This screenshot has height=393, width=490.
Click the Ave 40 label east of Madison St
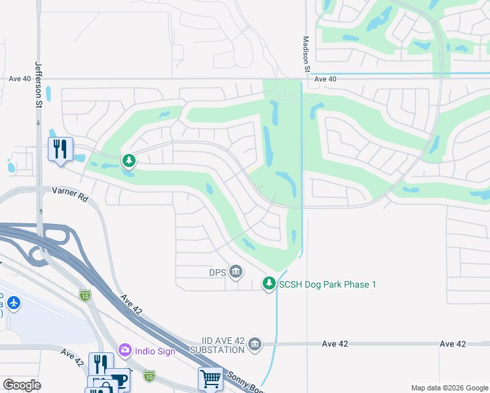pyautogui.click(x=325, y=79)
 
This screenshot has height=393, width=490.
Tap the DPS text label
pyautogui.click(x=217, y=271)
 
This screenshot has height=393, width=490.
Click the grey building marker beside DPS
pyautogui.click(x=236, y=271)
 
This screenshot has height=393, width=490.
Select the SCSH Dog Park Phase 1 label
pyautogui.click(x=328, y=284)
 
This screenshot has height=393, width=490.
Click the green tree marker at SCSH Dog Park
pyautogui.click(x=269, y=284)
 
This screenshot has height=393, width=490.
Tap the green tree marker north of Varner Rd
pyautogui.click(x=129, y=160)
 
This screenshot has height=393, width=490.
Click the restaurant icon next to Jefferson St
pyautogui.click(x=59, y=149)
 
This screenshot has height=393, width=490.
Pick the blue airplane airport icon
pyautogui.click(x=14, y=303)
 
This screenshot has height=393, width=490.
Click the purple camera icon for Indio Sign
pyautogui.click(x=125, y=350)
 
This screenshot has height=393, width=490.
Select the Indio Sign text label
pyautogui.click(x=155, y=350)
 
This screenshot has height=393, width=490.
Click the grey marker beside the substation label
pyautogui.click(x=255, y=344)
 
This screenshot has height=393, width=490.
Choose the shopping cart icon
pyautogui.click(x=210, y=378)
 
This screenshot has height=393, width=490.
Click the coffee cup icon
pyautogui.click(x=117, y=380)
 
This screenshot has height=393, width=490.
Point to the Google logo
pyautogui.click(x=22, y=385)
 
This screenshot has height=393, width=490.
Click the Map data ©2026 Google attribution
pyautogui.click(x=449, y=388)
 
